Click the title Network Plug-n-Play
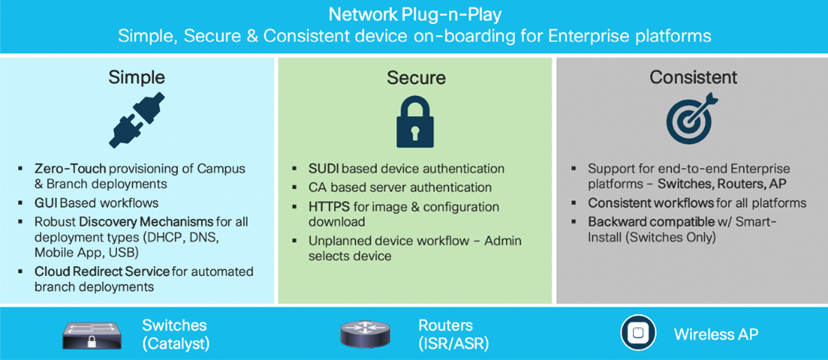(414, 14)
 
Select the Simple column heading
(137, 77)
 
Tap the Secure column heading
(416, 77)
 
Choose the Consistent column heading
(693, 77)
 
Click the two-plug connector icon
(136, 121)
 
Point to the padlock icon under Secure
(415, 121)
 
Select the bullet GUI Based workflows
(97, 203)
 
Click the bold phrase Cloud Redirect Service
(102, 271)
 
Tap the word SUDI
(324, 169)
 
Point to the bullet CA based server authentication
(400, 187)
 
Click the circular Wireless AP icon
(638, 333)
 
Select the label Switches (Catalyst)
(175, 334)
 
